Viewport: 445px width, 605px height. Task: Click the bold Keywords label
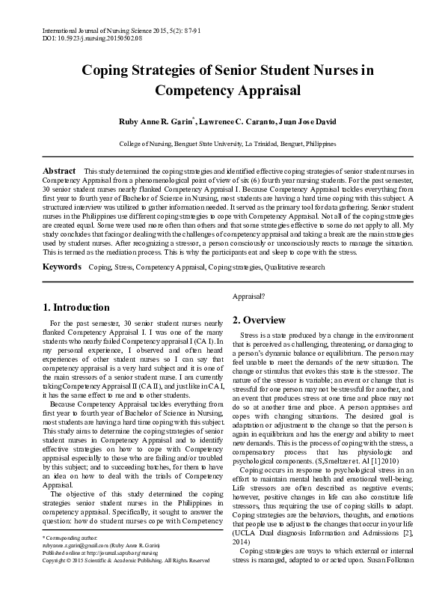[61, 267]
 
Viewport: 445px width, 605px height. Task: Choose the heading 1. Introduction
[76, 307]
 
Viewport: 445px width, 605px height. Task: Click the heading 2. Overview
[259, 320]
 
